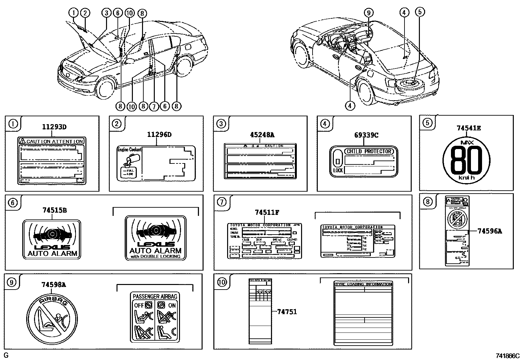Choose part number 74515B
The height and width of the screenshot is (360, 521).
pyautogui.click(x=54, y=210)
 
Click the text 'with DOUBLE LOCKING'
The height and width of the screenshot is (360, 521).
pyautogui.click(x=155, y=256)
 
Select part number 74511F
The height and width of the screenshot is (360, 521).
pyautogui.click(x=267, y=212)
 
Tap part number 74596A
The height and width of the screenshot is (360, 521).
pyautogui.click(x=489, y=231)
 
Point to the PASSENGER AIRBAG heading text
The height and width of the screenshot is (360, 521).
pyautogui.click(x=155, y=296)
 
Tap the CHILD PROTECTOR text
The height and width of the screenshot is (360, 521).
pyautogui.click(x=369, y=151)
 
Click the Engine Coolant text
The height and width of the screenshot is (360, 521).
pyautogui.click(x=129, y=149)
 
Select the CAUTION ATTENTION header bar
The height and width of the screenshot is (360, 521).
pyautogui.click(x=51, y=141)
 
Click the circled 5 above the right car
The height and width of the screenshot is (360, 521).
pyautogui.click(x=420, y=12)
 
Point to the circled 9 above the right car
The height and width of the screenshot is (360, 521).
pyautogui.click(x=368, y=13)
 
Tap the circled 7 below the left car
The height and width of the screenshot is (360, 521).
pyautogui.click(x=153, y=106)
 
